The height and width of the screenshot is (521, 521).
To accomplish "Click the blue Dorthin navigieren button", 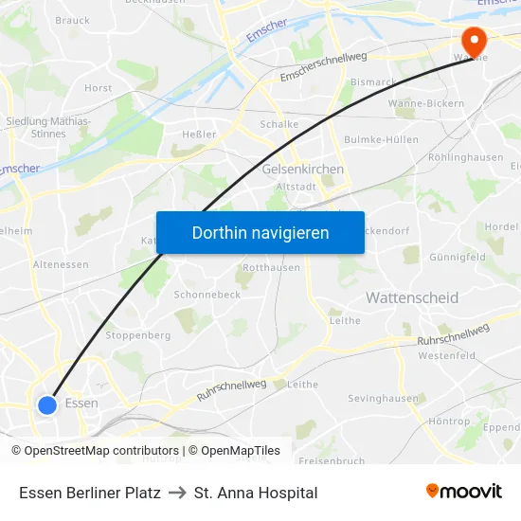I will (x=260, y=232).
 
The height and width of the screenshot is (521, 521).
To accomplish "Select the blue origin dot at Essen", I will (x=47, y=404).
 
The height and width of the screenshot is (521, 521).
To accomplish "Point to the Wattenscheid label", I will (x=412, y=297).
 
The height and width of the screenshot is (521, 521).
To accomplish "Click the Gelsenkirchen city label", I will (x=302, y=170).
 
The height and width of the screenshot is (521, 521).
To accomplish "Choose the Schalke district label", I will (x=279, y=124).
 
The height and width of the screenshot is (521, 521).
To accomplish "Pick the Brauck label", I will (x=73, y=20).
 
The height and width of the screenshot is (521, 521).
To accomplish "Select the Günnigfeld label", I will (x=458, y=257).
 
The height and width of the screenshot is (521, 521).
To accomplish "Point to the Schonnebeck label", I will (x=207, y=295).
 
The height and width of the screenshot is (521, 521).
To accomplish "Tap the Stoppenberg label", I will (x=138, y=335).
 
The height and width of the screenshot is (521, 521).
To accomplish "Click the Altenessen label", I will (x=61, y=265).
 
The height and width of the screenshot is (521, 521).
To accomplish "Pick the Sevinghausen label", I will (x=383, y=399).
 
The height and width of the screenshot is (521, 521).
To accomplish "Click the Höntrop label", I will (x=449, y=421).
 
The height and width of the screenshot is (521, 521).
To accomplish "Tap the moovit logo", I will (x=464, y=491).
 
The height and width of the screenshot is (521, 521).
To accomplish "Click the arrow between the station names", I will (x=177, y=493).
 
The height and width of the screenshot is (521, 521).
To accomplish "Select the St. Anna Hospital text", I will (x=256, y=493).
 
